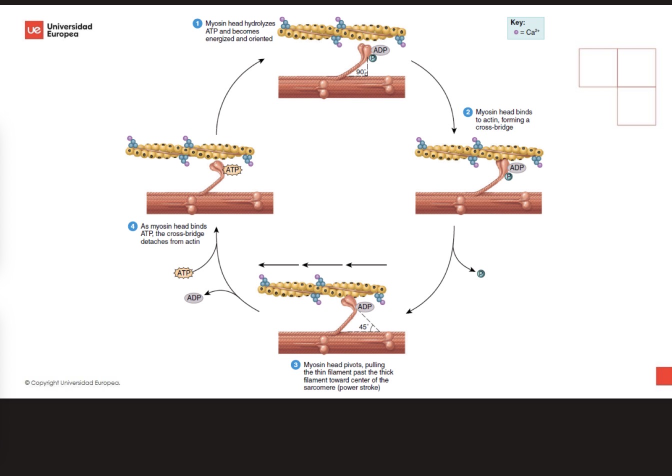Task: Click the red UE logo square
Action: point(34,30)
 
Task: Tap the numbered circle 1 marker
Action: point(197,23)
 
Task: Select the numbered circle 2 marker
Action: point(467,112)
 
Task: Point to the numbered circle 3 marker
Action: point(295,365)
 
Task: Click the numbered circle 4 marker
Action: point(132,226)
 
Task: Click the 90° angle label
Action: point(360,72)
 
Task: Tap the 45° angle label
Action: point(363,327)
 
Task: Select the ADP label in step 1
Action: point(380,50)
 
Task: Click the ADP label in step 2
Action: point(517,167)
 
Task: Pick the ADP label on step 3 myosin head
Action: point(365,306)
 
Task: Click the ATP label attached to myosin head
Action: point(232,170)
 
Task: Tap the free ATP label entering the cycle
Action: point(183,273)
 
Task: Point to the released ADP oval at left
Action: point(194,298)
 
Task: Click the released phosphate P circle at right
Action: point(481,273)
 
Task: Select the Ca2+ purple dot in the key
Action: point(516,32)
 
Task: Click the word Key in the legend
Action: point(517,22)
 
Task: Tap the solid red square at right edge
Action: point(664,376)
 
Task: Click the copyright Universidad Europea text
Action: point(72,383)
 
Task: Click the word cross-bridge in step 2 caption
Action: point(494,127)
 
